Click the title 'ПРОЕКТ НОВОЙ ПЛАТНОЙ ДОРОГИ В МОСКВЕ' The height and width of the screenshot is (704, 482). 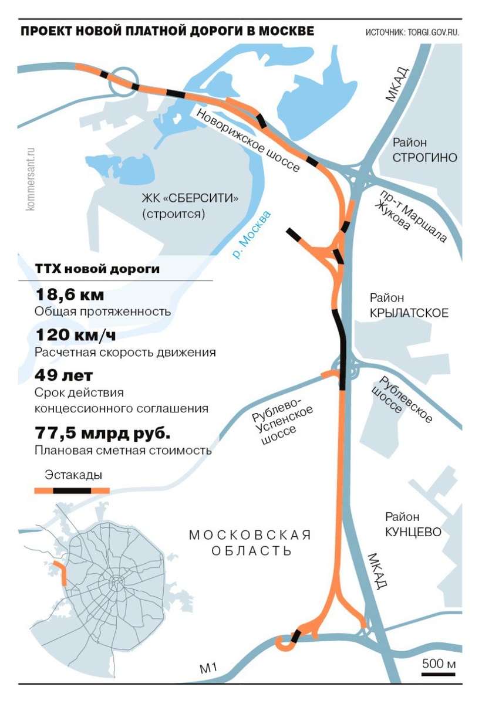(167, 31)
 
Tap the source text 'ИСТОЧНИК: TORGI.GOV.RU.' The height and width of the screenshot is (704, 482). (412, 32)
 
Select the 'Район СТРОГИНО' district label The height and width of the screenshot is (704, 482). (424, 150)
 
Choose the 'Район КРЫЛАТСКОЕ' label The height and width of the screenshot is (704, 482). (409, 306)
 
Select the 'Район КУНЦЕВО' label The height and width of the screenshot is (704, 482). (413, 524)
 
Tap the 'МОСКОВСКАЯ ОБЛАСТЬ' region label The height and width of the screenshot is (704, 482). (250, 543)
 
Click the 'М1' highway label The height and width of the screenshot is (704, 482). (208, 668)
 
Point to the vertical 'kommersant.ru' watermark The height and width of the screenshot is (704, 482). (31, 179)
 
